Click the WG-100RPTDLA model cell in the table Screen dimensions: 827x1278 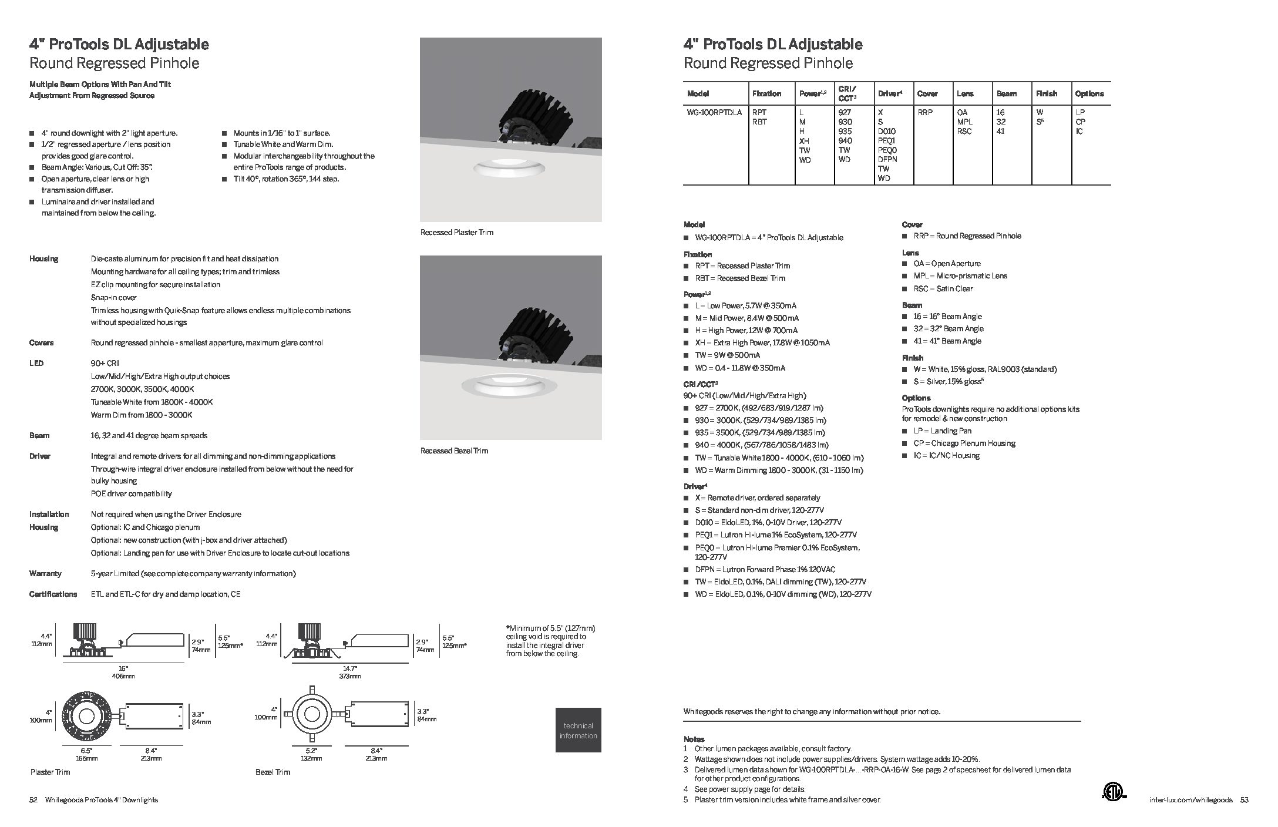click(714, 112)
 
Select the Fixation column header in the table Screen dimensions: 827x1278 click(766, 93)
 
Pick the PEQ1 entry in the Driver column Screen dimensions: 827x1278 click(887, 140)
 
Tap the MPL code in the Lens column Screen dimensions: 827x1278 click(964, 122)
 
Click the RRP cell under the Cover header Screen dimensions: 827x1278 click(925, 112)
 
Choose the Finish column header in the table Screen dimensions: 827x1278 click(1047, 93)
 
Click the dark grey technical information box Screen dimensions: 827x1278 click(578, 730)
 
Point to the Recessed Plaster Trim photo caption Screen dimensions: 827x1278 click(457, 233)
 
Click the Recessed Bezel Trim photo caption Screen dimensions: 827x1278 click(454, 451)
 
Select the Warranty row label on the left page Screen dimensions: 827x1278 click(45, 573)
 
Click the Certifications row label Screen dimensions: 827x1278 click(53, 594)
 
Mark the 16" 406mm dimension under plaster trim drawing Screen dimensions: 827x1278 click(123, 673)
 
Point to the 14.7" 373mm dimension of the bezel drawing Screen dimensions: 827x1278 click(349, 673)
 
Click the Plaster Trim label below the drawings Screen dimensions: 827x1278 click(50, 772)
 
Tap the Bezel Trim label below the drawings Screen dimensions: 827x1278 click(273, 772)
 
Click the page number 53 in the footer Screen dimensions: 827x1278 click(1244, 800)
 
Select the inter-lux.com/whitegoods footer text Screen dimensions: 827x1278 click(1192, 800)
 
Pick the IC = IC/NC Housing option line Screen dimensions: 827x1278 click(946, 456)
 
